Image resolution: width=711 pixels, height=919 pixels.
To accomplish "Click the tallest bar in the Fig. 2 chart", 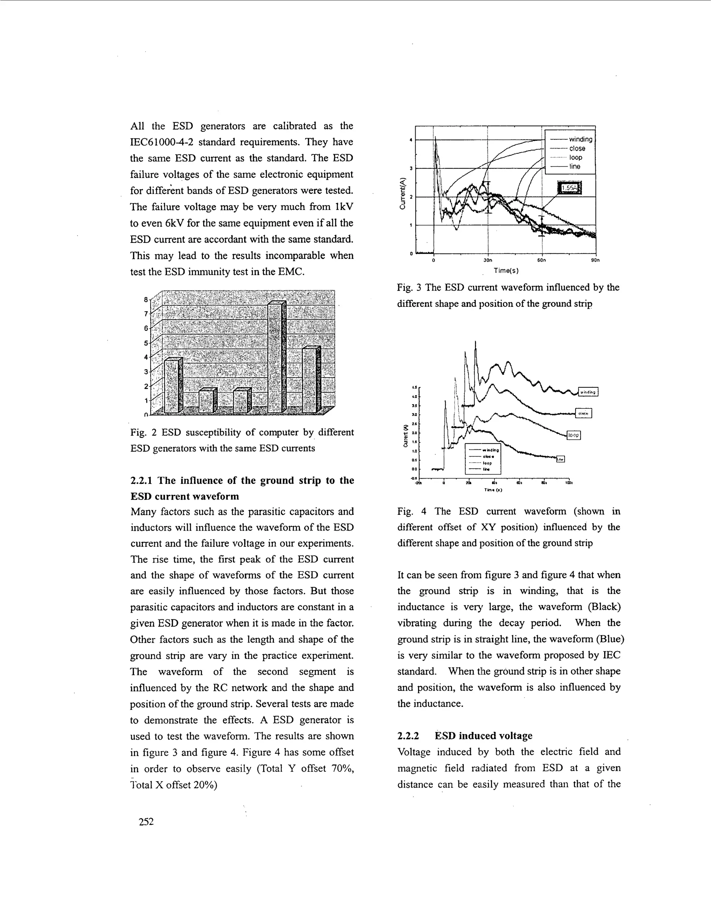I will tap(276, 358).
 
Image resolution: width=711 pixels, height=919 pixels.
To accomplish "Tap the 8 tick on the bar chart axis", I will tap(146, 300).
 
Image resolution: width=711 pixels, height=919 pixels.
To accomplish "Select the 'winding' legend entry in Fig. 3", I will tap(580, 139).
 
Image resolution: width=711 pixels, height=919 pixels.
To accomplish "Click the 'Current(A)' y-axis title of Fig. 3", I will tap(403, 194).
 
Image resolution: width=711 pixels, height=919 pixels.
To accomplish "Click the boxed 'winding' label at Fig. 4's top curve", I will tap(588, 392).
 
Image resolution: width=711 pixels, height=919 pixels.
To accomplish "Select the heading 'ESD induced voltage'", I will tap(483, 735).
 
